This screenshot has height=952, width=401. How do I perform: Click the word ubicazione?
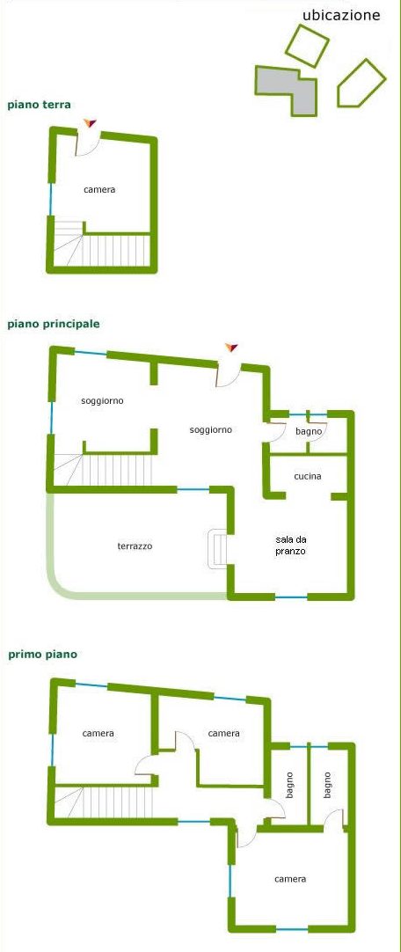point(341,15)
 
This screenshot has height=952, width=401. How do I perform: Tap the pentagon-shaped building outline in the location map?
point(361,84)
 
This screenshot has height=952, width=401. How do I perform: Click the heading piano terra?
point(39,105)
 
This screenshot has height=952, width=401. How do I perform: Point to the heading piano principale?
point(54,324)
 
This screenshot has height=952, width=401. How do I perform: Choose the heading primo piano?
point(42,655)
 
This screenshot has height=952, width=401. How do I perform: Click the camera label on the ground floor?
point(99,189)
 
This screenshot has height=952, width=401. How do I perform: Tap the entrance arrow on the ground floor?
point(90,123)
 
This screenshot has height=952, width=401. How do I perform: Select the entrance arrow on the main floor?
point(230,348)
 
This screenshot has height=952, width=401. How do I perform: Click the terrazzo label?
point(135,546)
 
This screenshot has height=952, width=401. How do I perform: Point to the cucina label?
point(308,477)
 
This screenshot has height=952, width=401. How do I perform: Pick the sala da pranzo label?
point(290,546)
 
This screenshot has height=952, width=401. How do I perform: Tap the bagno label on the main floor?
point(308,431)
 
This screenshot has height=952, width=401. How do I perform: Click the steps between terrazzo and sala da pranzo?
point(218,549)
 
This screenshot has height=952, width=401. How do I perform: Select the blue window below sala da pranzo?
point(291,597)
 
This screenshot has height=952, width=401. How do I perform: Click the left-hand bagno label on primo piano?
point(289,785)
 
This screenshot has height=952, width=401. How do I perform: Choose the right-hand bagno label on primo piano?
point(328,785)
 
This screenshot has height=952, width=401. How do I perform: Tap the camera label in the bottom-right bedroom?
point(290,879)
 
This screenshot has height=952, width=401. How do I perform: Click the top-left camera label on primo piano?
point(98,734)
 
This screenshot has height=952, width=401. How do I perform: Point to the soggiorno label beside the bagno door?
point(210,430)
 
